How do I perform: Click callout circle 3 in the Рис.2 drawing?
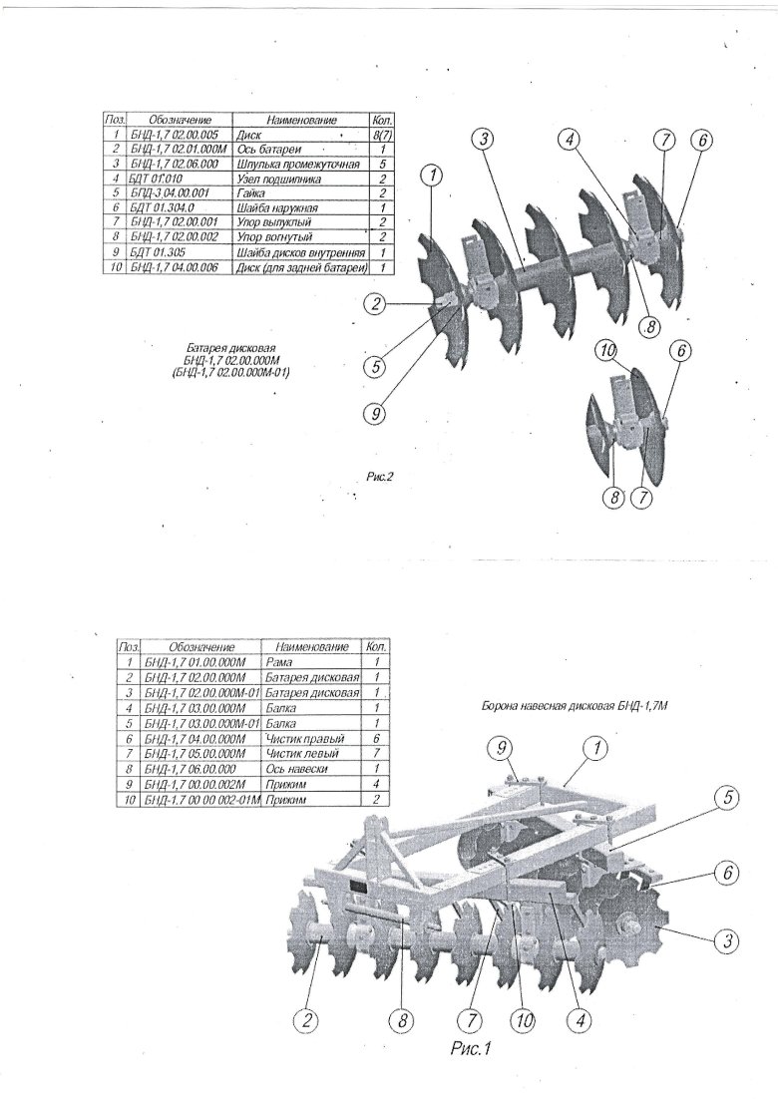point(484,141)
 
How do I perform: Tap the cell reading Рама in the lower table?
point(274,661)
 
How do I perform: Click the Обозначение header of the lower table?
point(199,646)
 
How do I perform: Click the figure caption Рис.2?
point(381,477)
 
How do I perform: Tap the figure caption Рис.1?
point(473,1048)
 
